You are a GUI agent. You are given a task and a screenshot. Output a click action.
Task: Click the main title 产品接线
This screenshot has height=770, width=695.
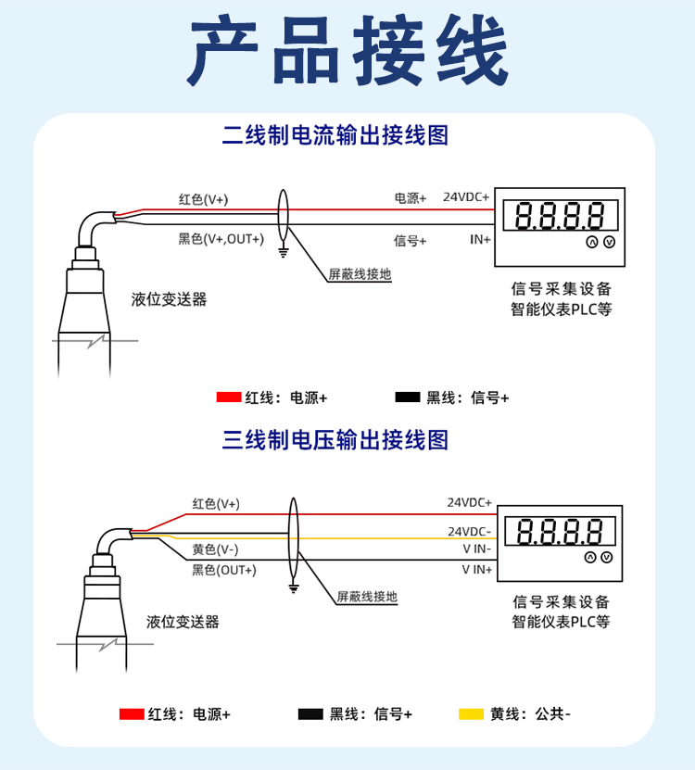point(347,50)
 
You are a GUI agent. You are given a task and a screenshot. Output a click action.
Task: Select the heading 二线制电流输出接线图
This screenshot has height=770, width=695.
point(335,135)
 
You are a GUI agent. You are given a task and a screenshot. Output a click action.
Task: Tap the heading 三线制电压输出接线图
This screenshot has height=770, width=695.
point(335,440)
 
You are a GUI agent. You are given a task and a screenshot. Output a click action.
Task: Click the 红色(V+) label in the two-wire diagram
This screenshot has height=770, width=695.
point(203,199)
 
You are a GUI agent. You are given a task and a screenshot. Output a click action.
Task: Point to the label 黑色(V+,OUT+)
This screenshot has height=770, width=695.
point(221,239)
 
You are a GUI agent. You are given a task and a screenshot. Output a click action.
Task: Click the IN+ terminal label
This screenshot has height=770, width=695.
point(480,239)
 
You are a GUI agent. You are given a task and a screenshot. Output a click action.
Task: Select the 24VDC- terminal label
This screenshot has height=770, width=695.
point(470,531)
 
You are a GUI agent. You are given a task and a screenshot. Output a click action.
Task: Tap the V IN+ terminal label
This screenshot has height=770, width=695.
point(477,570)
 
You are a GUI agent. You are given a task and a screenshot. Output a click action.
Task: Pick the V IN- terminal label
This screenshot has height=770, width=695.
point(477,549)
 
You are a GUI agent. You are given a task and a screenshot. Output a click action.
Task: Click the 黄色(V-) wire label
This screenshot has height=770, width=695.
point(215,549)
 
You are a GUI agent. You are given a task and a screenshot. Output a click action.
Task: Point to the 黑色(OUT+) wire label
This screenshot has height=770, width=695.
point(224,570)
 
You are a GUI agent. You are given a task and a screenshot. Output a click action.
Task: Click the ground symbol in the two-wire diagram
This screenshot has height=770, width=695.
point(284,252)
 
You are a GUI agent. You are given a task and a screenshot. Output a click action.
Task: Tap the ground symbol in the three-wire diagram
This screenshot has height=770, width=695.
point(294,588)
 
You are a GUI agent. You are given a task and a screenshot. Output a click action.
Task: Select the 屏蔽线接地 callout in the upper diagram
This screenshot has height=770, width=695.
point(360,274)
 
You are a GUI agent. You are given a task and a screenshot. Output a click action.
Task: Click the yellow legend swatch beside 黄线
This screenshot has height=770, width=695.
point(471,714)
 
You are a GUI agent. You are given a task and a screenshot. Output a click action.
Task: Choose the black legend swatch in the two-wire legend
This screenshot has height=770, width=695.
point(408,398)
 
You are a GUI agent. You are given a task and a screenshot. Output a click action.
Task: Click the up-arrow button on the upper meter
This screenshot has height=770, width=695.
point(592,242)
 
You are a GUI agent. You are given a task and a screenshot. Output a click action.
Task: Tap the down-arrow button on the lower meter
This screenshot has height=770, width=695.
point(607,558)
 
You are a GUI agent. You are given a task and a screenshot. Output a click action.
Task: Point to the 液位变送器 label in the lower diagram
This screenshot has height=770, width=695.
point(183,622)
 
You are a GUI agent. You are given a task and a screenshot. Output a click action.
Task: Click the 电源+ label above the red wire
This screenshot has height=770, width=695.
point(411,198)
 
